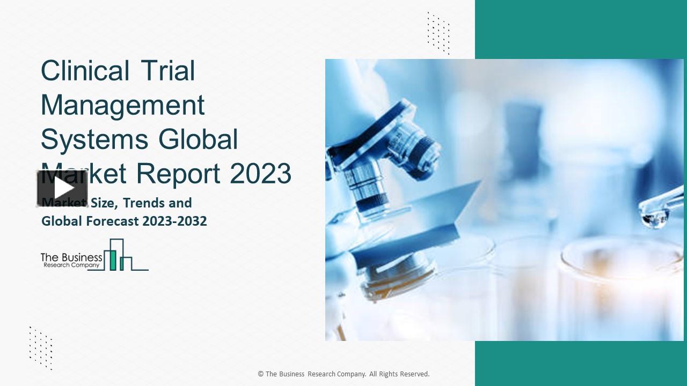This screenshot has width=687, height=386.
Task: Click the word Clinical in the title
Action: click(85, 71)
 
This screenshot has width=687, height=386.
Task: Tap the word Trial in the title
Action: click(167, 71)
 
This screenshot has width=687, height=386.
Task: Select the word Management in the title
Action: click(123, 105)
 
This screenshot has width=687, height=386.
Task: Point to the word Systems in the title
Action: click(94, 139)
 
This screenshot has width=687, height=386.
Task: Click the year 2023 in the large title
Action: click(260, 174)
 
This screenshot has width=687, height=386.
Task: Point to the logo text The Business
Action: click(71, 257)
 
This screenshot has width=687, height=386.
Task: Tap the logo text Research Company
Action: click(71, 265)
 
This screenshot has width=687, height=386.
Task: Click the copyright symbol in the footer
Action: click(261, 374)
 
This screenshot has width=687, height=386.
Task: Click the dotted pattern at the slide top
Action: click(438, 32)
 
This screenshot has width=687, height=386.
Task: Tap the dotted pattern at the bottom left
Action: click(41, 347)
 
